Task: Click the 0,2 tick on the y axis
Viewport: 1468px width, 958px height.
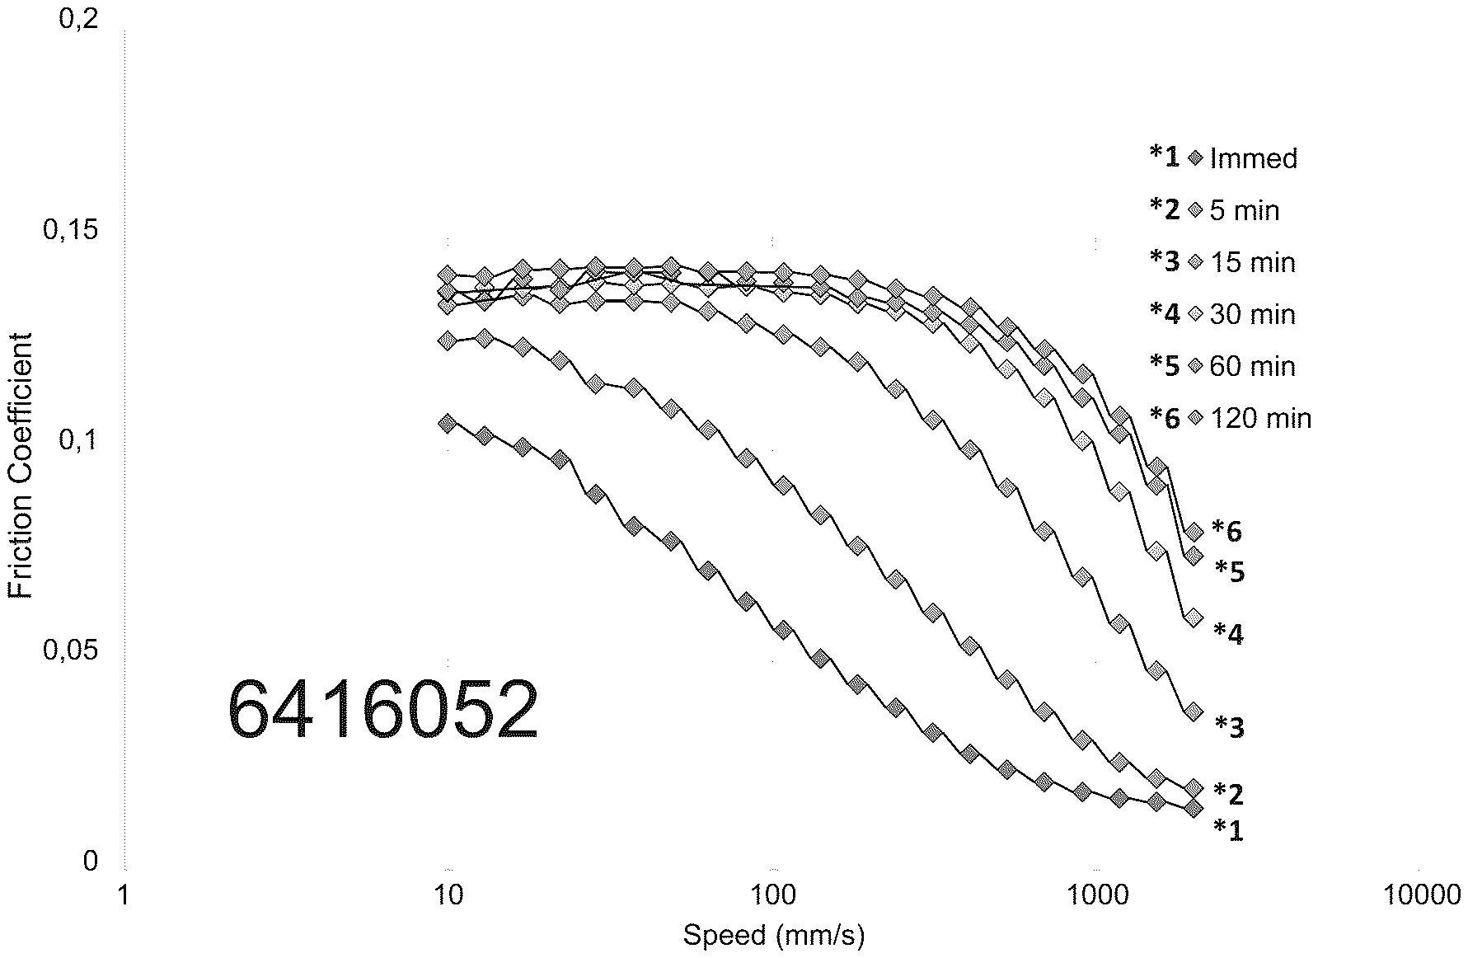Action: [79, 18]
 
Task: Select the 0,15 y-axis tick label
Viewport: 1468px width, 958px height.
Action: [70, 229]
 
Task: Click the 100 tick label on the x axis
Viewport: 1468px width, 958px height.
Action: [773, 895]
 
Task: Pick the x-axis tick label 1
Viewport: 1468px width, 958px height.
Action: [124, 895]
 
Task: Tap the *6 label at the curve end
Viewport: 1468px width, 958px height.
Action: [1227, 532]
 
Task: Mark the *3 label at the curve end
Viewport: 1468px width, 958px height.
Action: [1229, 726]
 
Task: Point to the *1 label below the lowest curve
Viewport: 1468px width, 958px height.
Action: [1228, 830]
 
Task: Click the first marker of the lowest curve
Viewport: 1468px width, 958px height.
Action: [448, 424]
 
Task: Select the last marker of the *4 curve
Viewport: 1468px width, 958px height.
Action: [1194, 618]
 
